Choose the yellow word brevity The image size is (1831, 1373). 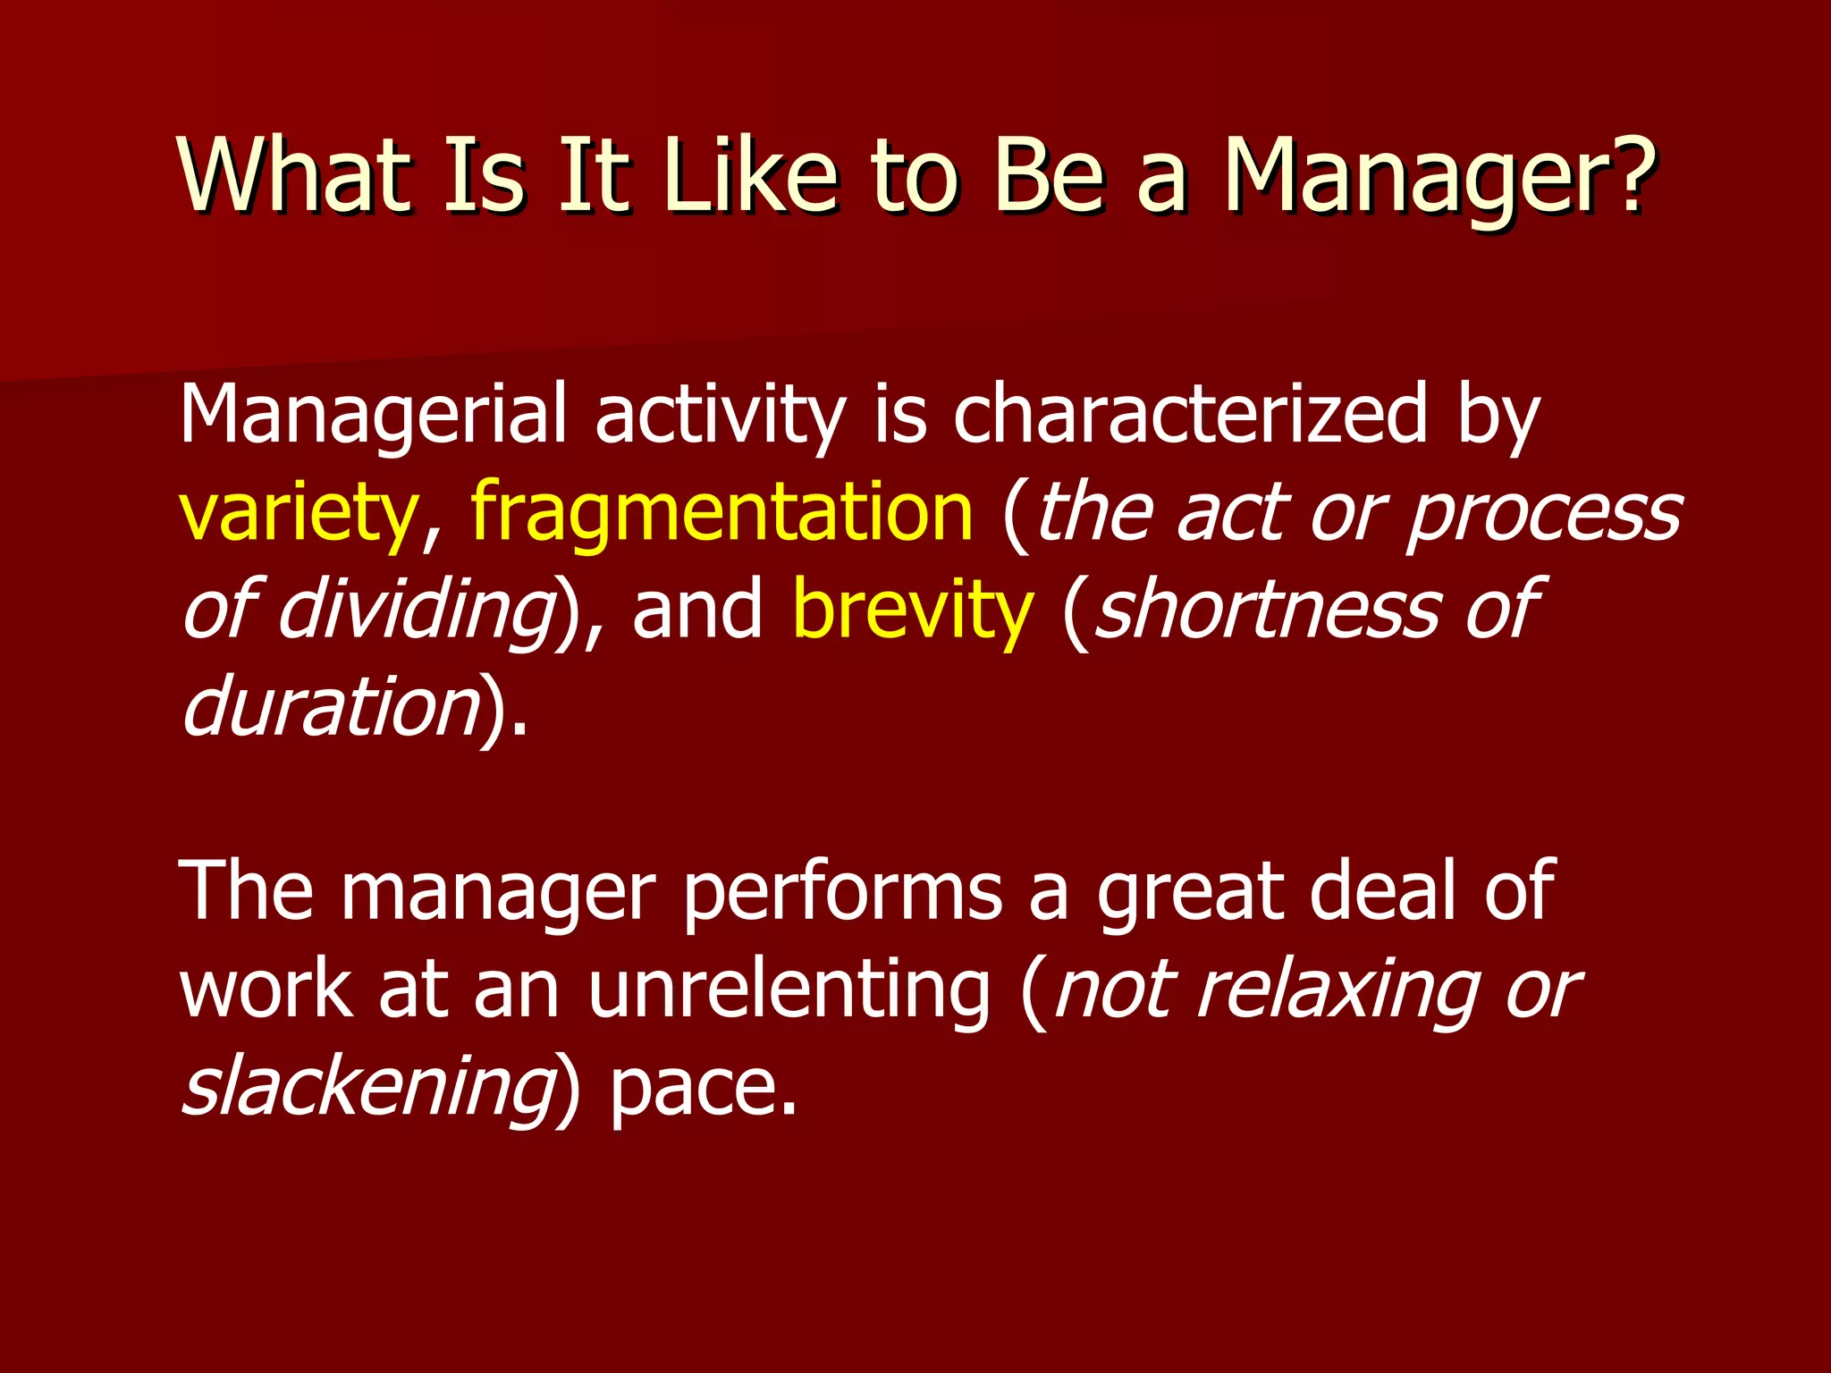(x=913, y=611)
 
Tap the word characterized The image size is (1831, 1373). (x=1190, y=415)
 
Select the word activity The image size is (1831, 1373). (x=721, y=415)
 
